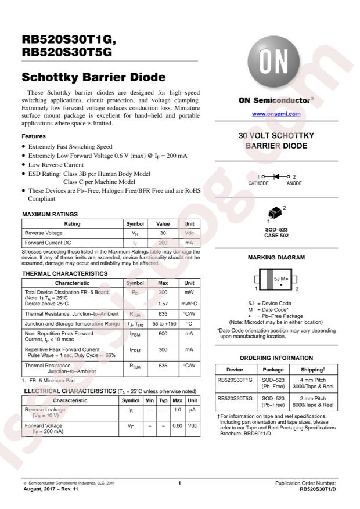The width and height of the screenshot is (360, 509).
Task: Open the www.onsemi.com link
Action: [276, 114]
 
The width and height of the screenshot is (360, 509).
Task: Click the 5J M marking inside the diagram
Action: [280, 279]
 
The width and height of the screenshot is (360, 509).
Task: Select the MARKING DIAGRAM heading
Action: [276, 257]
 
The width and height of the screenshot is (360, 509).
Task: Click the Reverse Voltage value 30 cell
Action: [163, 233]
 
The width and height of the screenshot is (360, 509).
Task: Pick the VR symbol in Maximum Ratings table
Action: [135, 233]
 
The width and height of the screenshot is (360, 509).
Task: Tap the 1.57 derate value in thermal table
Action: [163, 303]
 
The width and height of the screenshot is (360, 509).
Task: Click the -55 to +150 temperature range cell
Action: [163, 323]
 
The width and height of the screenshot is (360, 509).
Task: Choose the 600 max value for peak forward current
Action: [163, 334]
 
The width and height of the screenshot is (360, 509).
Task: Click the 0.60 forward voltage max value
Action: [178, 425]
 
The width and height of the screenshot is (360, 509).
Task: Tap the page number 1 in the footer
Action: [180, 483]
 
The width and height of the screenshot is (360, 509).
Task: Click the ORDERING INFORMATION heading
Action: [276, 358]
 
